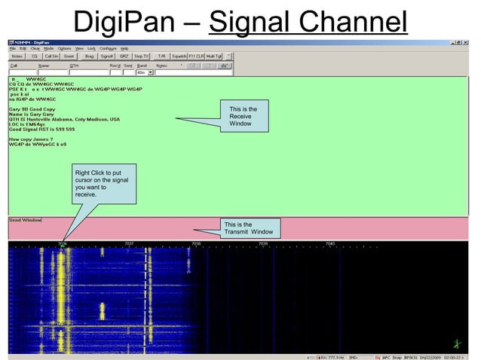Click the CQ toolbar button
(x=35, y=56)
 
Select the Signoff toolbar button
(x=107, y=56)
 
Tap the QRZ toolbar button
(x=124, y=56)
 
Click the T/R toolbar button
(x=161, y=56)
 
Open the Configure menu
(x=108, y=48)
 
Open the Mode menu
(x=48, y=48)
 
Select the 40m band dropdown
(x=144, y=72)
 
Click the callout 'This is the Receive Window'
(x=244, y=117)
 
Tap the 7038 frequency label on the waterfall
(x=196, y=244)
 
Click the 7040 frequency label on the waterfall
(x=330, y=244)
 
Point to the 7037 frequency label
(x=129, y=244)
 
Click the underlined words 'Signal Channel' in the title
(x=308, y=21)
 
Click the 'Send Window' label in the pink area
(x=25, y=220)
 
